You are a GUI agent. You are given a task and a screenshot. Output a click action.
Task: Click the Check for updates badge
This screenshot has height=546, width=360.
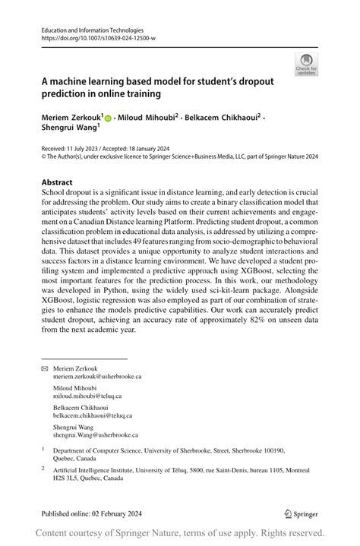point(307,64)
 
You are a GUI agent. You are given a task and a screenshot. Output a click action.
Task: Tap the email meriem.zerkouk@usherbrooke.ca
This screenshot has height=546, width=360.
point(97,376)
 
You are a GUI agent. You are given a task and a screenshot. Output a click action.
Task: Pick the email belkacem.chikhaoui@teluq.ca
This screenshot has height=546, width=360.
point(93,415)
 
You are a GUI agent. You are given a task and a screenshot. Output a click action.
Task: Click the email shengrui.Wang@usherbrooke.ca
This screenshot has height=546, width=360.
point(96,435)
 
